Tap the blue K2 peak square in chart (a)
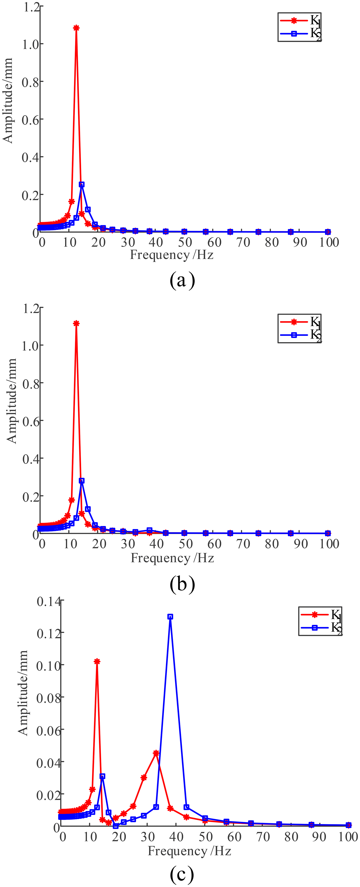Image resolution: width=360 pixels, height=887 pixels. [82, 185]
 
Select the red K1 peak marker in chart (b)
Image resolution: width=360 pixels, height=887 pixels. [76, 323]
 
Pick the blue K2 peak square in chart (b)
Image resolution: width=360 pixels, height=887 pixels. [82, 481]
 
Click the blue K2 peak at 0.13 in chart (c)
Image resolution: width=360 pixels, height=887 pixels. [170, 617]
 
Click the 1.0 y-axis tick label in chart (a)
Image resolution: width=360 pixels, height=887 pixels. [30, 44]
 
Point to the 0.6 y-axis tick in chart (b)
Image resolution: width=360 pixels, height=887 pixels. [30, 421]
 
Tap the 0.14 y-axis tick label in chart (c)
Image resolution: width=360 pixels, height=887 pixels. [48, 602]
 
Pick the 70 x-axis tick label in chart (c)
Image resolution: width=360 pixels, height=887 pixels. [263, 837]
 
